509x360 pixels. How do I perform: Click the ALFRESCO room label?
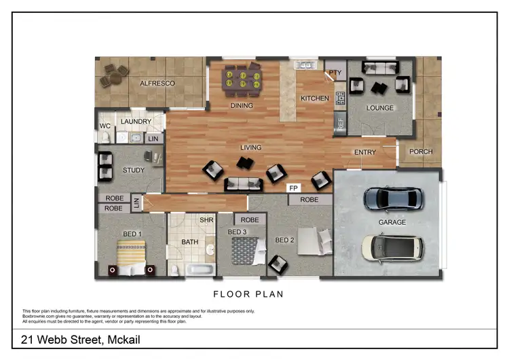pyautogui.click(x=157, y=84)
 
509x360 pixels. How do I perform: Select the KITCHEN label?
pyautogui.click(x=315, y=98)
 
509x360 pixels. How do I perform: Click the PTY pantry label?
pyautogui.click(x=335, y=72)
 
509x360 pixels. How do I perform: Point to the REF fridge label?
pyautogui.click(x=340, y=124)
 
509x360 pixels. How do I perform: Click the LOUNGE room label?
pyautogui.click(x=380, y=108)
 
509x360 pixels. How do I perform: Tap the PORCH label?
pyautogui.click(x=421, y=151)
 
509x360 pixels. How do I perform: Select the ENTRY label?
pyautogui.click(x=365, y=152)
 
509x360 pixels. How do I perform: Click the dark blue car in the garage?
pyautogui.click(x=393, y=199)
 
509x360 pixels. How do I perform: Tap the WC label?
pyautogui.click(x=105, y=126)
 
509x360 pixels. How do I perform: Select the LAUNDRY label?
pyautogui.click(x=136, y=122)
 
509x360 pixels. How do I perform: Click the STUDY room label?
pyautogui.click(x=134, y=170)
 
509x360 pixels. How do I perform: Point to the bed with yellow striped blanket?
pyautogui.click(x=132, y=260)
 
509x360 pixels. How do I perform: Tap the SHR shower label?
pyautogui.click(x=206, y=220)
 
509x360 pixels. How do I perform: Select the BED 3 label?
pyautogui.click(x=236, y=232)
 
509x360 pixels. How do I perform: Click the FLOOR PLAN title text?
pyautogui.click(x=248, y=294)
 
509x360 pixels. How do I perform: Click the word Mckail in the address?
pyautogui.click(x=123, y=339)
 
